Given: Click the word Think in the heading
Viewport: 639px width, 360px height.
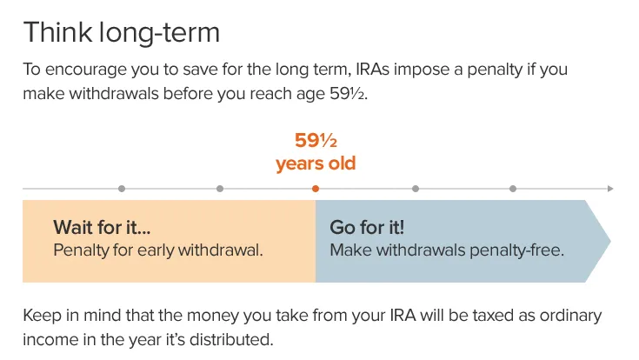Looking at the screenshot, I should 55,33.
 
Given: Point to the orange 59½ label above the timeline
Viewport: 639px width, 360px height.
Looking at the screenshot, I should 316,140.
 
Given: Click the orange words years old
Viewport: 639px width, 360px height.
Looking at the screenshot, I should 316,163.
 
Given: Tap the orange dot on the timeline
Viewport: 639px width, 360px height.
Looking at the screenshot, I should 316,189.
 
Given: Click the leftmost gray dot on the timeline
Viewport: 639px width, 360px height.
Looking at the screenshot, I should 121,189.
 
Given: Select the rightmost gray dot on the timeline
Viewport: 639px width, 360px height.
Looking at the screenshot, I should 513,189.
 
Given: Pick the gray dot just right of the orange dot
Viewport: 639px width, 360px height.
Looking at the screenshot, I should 415,189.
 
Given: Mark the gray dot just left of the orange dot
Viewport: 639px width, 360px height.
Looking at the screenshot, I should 219,189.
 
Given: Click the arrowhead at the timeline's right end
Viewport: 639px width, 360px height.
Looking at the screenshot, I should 610,189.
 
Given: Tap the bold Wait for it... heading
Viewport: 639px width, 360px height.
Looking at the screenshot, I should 102,228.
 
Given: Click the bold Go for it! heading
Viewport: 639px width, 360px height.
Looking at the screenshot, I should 366,228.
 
